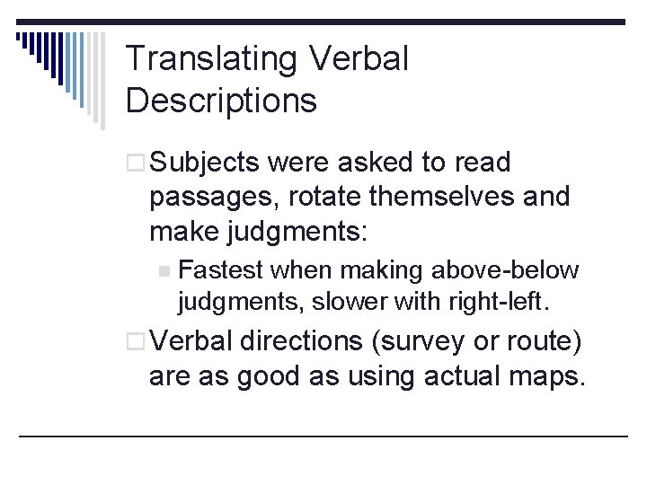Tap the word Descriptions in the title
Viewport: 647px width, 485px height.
pyautogui.click(x=221, y=101)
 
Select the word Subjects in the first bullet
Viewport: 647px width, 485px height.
pyautogui.click(x=205, y=163)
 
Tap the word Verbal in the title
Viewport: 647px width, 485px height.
pyautogui.click(x=359, y=60)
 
